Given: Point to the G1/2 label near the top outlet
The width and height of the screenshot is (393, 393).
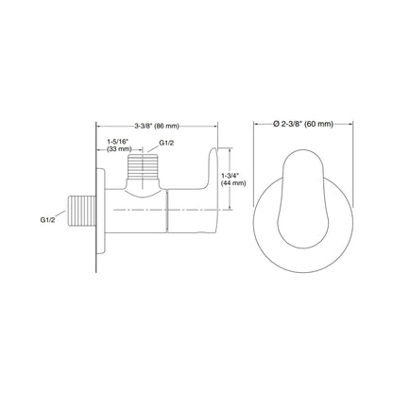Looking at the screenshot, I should click(167, 142).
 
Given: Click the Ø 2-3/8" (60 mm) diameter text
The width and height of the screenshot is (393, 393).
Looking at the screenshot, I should click(307, 124).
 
